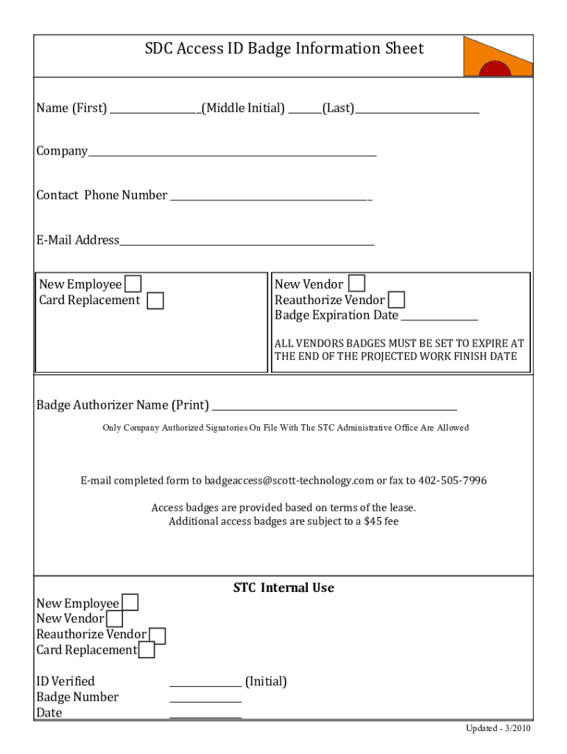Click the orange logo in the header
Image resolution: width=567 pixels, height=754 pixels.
coord(497,57)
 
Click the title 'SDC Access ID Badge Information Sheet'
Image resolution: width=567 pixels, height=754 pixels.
coord(284,49)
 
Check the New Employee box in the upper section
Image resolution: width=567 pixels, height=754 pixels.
coord(133,284)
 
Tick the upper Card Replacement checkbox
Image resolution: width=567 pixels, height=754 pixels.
coord(155,300)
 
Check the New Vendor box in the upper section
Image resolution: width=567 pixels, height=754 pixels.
coord(356,283)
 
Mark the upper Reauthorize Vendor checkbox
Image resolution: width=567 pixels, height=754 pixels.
coord(396,300)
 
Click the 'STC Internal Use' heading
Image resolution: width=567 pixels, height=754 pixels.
coord(283,588)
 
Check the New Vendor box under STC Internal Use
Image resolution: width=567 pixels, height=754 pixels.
coord(116,619)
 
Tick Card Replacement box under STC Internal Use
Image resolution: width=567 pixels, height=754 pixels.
coord(147,650)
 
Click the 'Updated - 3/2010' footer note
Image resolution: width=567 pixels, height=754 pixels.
coord(497,728)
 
